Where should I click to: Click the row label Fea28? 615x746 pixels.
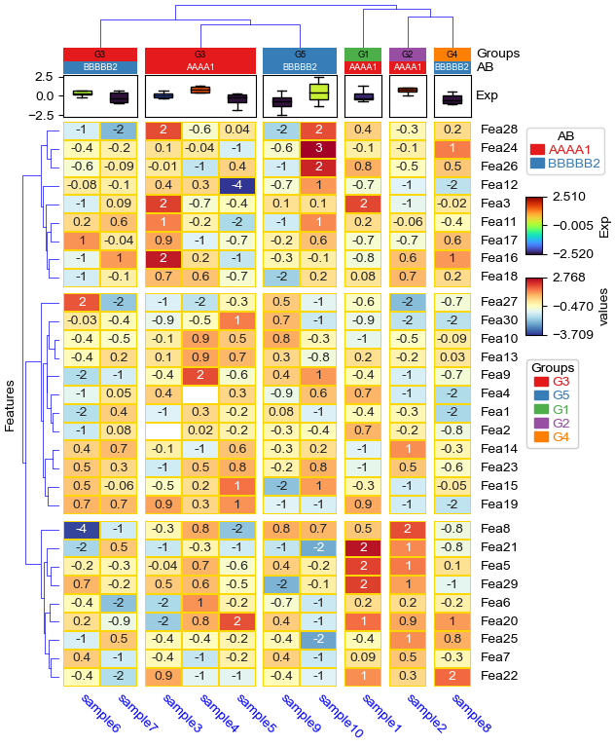coord(497,130)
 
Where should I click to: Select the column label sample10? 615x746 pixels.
coord(338,716)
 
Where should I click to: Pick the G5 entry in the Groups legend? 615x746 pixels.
coord(561,395)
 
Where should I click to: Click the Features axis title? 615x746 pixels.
coord(11,404)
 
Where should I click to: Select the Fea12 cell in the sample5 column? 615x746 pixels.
coord(236,185)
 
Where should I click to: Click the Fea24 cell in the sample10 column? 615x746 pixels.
coord(318,148)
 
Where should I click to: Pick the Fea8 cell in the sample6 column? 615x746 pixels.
coord(83,529)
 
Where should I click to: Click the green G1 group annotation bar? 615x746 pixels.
coord(363,54)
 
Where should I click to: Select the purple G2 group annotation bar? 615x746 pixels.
coord(408,54)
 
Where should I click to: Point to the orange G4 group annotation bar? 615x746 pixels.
coord(452,54)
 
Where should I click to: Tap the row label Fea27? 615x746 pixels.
coord(497,302)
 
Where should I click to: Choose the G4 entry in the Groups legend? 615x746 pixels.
coord(561,437)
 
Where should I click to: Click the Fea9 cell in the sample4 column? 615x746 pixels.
coord(199,375)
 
